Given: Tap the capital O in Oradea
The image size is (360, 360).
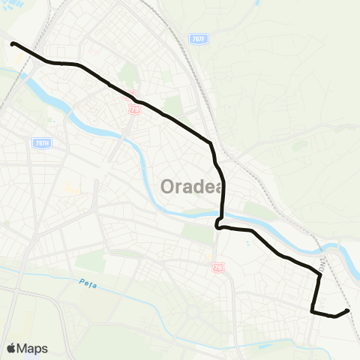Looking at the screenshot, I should pos(166,185).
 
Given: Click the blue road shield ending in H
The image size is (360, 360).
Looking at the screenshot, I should pos(42,142).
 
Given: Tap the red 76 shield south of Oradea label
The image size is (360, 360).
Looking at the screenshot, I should pos(217,266).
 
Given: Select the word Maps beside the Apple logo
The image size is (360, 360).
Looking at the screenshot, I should pos(33,348).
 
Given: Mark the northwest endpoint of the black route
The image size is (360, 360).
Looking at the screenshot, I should pos(13,44).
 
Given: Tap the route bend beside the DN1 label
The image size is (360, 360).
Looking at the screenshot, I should pos(320,275).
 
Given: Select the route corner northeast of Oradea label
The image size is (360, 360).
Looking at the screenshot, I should pos(212,142).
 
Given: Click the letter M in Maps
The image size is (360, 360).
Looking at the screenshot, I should pos(24,348).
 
